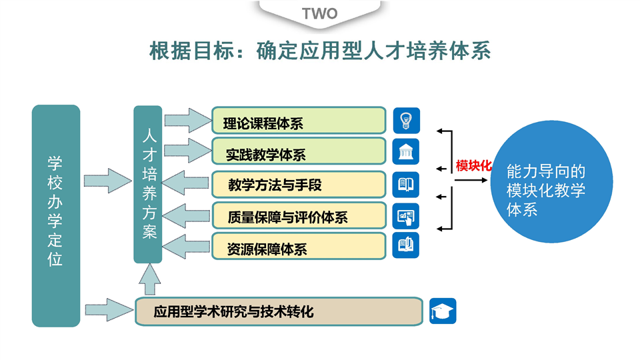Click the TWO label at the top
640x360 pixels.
(x=320, y=13)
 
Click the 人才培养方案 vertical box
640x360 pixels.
(x=148, y=184)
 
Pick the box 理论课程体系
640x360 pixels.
(x=299, y=121)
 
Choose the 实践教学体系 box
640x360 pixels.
(x=299, y=152)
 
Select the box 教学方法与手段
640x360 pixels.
(x=299, y=184)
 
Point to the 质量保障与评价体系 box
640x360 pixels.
(x=299, y=215)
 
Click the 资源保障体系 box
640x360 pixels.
(x=299, y=247)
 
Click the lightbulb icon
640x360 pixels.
(x=405, y=121)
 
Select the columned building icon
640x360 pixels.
(x=405, y=152)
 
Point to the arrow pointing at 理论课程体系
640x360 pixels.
(x=187, y=120)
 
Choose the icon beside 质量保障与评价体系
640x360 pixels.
(x=405, y=215)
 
